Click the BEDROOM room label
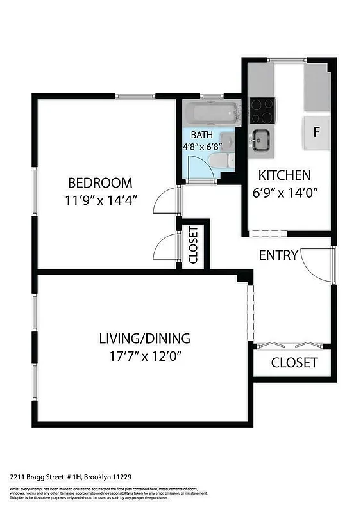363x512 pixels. point(100,182)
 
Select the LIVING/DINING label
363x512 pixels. point(144,339)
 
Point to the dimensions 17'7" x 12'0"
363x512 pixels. point(146,356)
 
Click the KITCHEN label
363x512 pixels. point(284,175)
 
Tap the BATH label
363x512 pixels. point(201,135)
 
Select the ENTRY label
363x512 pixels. point(278,255)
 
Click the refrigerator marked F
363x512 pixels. point(316,133)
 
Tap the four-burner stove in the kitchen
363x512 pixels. point(262,109)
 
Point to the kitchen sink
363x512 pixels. point(261,139)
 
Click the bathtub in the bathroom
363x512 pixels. point(212,114)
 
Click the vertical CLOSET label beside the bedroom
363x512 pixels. point(193,245)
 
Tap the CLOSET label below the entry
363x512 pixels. point(294,363)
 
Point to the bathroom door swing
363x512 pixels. point(204,165)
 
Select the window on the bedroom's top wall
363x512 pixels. point(135,97)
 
